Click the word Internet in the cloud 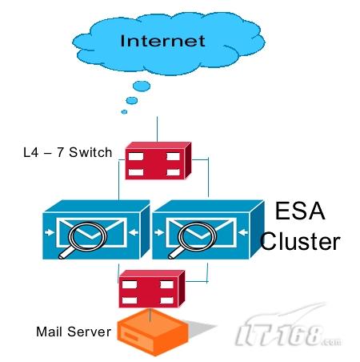click(162, 41)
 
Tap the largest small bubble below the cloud click(142, 86)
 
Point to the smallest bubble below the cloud click(124, 111)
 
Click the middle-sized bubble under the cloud click(132, 101)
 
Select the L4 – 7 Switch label click(68, 152)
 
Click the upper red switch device click(158, 161)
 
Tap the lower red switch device click(152, 289)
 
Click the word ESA click(300, 211)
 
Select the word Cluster click(300, 241)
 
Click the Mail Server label click(74, 332)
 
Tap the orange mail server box click(153, 332)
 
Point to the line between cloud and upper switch click(157, 129)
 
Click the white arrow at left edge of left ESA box click(50, 232)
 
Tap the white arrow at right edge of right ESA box click(243, 232)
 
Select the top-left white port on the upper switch click(136, 156)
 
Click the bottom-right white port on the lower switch click(167, 300)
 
